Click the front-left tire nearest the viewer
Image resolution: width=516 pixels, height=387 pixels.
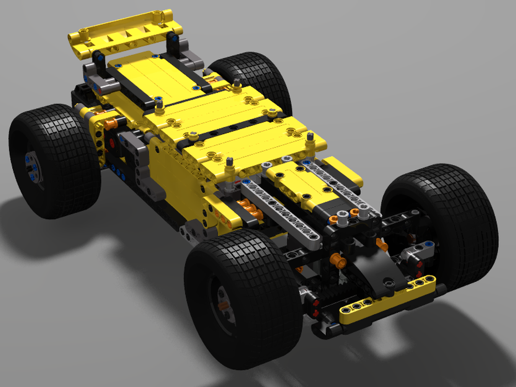tap(243, 299)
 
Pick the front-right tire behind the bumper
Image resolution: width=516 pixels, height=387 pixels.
tap(444, 217)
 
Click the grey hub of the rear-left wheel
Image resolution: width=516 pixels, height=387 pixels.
tap(32, 165)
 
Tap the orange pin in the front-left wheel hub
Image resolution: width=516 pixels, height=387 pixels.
tap(223, 305)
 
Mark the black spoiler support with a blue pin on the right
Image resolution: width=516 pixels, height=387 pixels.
tap(175, 46)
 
